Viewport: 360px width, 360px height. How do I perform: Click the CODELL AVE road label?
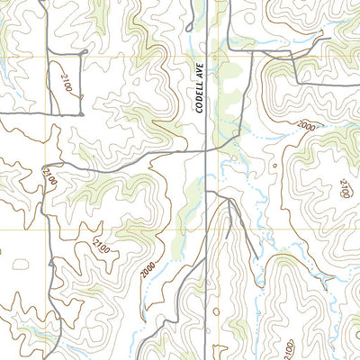(200, 91)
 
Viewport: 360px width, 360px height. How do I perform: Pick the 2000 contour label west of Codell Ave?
(147, 267)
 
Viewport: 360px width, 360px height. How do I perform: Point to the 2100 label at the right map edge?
(344, 188)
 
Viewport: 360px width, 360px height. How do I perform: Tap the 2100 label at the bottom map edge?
(287, 348)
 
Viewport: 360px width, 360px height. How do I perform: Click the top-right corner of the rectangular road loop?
(84, 52)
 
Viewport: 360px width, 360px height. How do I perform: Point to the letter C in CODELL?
(200, 110)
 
